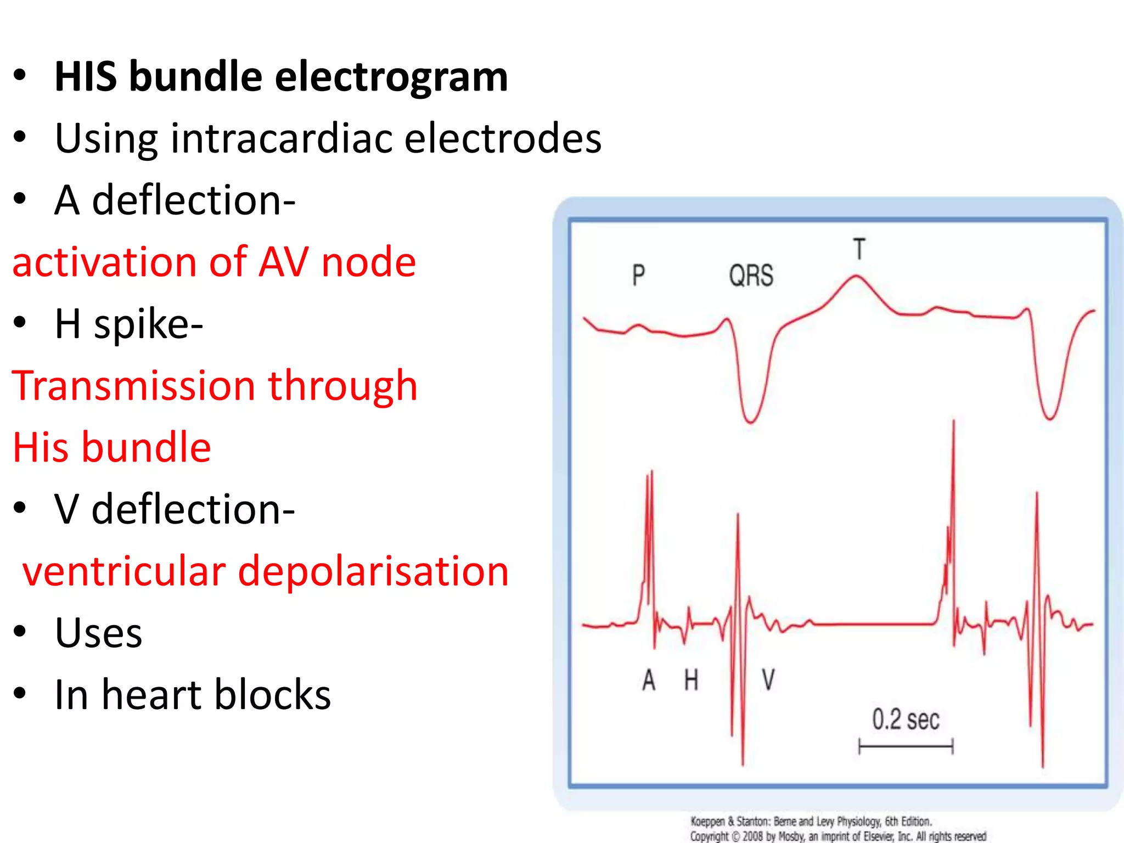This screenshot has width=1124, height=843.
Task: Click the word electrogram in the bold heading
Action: point(391,77)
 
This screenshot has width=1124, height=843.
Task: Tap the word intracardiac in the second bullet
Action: point(282,138)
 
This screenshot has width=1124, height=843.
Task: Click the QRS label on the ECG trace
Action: point(751,276)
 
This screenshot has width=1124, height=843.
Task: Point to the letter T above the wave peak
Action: point(859,249)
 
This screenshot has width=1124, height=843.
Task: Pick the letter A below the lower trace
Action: point(649,681)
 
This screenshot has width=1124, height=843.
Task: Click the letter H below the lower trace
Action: point(691,681)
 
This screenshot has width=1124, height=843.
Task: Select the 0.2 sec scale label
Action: point(906,720)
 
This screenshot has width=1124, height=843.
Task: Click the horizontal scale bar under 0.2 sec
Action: point(906,746)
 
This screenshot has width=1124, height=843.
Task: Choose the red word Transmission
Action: point(133,386)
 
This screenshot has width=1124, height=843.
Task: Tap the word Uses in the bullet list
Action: point(98,633)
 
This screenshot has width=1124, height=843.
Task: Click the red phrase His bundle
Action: point(112,448)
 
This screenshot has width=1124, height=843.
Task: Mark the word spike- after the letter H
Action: point(148,324)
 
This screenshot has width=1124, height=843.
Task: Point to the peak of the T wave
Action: point(856,276)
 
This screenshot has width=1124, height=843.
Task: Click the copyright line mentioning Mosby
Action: point(838,836)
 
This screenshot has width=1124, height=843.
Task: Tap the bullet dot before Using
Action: point(20,137)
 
